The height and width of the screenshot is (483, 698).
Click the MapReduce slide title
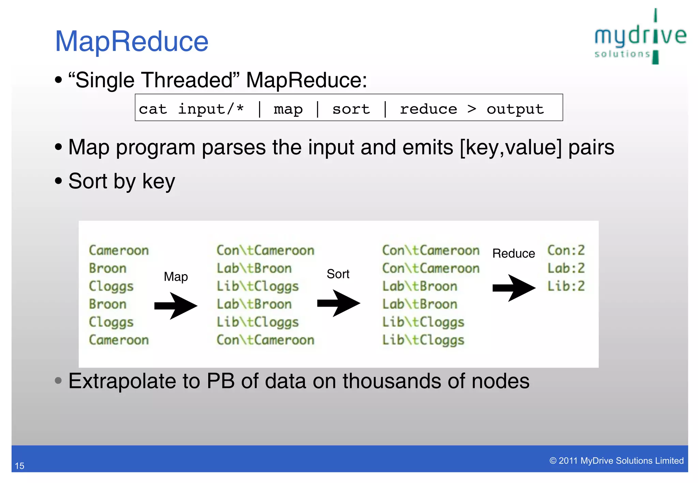[x=132, y=42]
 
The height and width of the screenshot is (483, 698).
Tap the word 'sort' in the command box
[x=351, y=109]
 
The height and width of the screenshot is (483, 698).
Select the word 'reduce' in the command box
[x=428, y=109]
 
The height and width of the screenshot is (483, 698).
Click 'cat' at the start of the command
[x=153, y=109]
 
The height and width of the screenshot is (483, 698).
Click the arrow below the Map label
[x=176, y=306]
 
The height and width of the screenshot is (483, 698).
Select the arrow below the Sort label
[x=338, y=303]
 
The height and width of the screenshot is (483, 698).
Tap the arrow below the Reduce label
[x=514, y=288]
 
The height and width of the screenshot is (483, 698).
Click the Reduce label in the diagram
[x=514, y=253]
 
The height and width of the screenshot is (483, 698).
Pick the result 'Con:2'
[x=566, y=250]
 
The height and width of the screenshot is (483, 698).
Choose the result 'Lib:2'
[x=566, y=286]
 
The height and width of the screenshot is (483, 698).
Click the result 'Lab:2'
[x=566, y=268]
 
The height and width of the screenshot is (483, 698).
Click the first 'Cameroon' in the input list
[x=119, y=250]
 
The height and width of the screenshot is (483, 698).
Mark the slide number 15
[x=20, y=466]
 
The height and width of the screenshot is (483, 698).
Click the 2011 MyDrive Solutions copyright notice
[x=616, y=461]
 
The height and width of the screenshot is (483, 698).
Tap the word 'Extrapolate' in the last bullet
[x=122, y=381]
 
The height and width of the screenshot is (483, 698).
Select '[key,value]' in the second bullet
[x=511, y=147]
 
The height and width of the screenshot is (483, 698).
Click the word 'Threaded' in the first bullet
[x=187, y=80]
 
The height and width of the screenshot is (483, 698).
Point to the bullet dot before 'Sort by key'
[x=59, y=181]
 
